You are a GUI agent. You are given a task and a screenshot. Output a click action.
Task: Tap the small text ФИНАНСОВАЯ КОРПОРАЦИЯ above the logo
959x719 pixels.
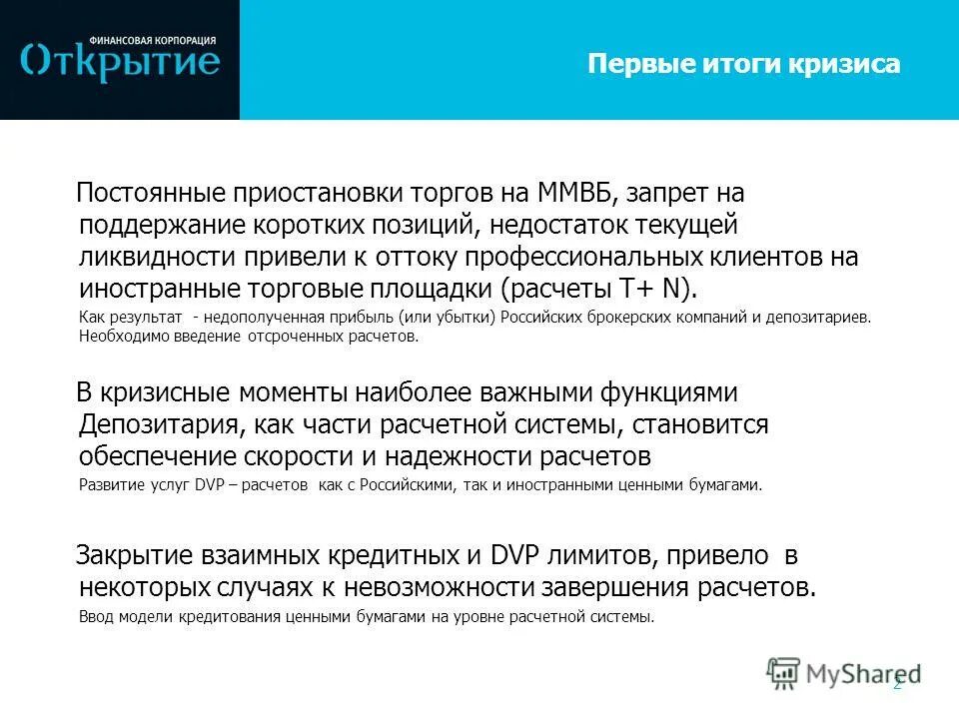(x=150, y=40)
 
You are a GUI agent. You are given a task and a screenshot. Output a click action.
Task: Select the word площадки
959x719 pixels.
(x=430, y=290)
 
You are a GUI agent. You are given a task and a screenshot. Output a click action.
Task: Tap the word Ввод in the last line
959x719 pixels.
(x=95, y=616)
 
